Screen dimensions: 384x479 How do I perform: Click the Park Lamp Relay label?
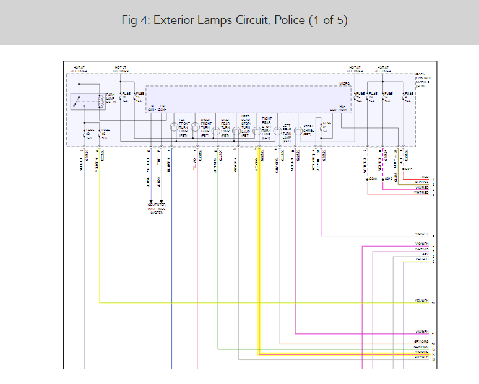pyautogui.click(x=111, y=98)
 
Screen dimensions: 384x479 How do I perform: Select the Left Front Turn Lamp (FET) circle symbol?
pyautogui.click(x=175, y=127)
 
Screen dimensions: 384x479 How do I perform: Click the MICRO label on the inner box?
pyautogui.click(x=345, y=83)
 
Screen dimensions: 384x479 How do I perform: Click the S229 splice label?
pyautogui.click(x=372, y=179)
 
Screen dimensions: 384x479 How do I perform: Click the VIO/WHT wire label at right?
pyautogui.click(x=421, y=234)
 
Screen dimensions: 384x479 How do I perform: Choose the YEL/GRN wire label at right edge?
pyautogui.click(x=421, y=301)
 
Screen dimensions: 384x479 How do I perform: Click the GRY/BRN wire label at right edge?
pyautogui.click(x=421, y=357)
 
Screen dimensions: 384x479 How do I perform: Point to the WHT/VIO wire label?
pyautogui.click(x=421, y=250)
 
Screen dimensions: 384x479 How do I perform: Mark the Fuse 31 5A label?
pyautogui.click(x=327, y=126)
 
